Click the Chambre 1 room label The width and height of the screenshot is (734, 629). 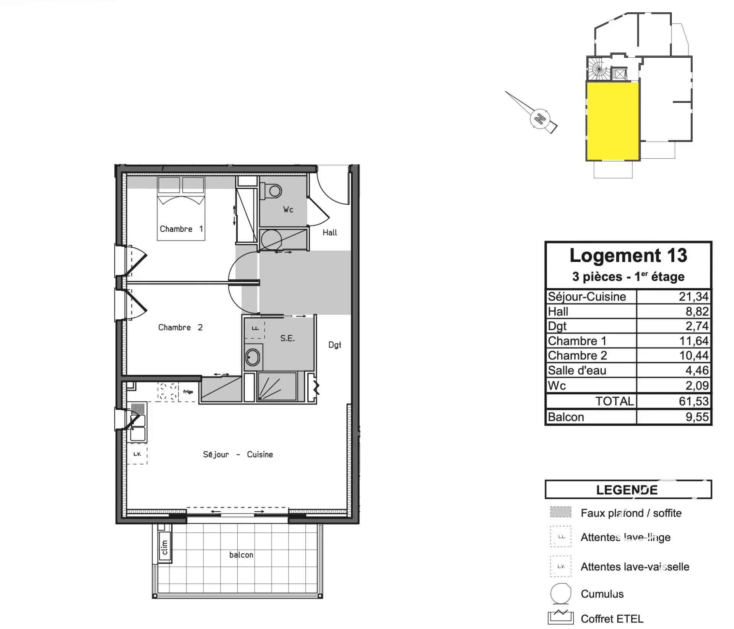[x=181, y=229]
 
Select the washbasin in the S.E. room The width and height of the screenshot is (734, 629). [x=252, y=358]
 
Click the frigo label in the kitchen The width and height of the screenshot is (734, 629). [x=188, y=392]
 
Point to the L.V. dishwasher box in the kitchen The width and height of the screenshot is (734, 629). [x=137, y=454]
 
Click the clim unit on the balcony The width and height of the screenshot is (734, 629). [x=165, y=547]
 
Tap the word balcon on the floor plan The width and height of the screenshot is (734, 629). [x=241, y=555]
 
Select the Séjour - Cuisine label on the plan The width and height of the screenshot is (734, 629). [x=238, y=454]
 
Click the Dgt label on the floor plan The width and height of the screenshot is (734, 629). [x=335, y=345]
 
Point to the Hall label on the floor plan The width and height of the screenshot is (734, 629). [x=330, y=232]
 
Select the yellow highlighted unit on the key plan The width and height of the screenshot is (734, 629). [x=612, y=122]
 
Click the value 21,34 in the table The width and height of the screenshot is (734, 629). [x=693, y=296]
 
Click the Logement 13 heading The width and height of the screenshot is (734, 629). [x=628, y=255]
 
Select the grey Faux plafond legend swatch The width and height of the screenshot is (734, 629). [x=560, y=512]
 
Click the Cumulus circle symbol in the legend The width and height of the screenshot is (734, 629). [x=560, y=593]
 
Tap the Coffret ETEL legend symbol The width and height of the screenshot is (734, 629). [x=560, y=618]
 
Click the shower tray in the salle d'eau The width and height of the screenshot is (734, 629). [x=277, y=386]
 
